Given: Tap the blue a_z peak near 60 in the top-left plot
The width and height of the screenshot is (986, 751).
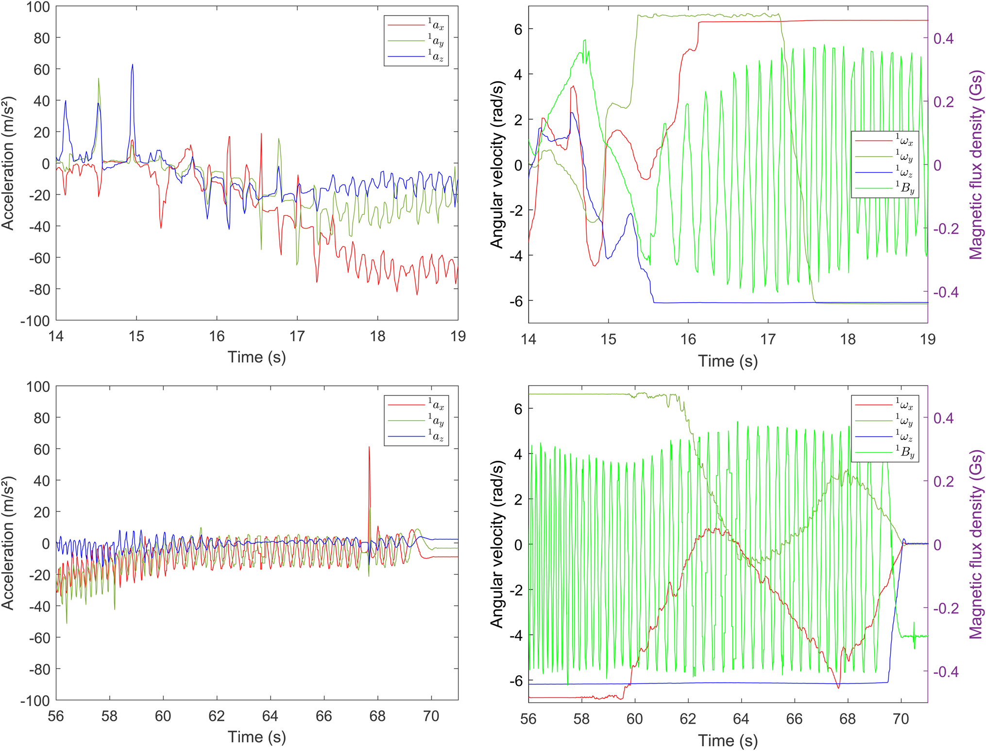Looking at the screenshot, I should (132, 65).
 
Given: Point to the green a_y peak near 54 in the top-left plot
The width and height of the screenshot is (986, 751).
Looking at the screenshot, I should (99, 79).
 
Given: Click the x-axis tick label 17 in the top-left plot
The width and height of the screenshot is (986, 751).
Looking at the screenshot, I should (297, 336).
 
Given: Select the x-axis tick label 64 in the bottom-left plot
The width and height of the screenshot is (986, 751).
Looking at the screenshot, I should (270, 716).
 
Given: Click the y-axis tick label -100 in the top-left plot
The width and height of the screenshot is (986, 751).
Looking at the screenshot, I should (35, 321).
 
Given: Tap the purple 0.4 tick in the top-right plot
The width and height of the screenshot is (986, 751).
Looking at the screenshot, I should (943, 38).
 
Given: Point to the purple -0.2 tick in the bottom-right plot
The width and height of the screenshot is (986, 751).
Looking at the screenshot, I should (946, 608).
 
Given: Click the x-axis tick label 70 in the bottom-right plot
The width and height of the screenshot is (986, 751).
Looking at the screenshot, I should (901, 719).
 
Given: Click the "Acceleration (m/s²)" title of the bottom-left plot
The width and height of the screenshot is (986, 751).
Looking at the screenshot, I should (8, 543).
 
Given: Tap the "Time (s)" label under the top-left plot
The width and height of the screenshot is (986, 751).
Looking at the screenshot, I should (257, 357).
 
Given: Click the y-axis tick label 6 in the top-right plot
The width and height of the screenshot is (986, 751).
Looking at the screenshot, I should (518, 29).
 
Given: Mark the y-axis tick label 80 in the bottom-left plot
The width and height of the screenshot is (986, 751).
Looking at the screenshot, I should (42, 418).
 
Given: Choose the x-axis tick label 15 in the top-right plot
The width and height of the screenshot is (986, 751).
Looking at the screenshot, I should (608, 339).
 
